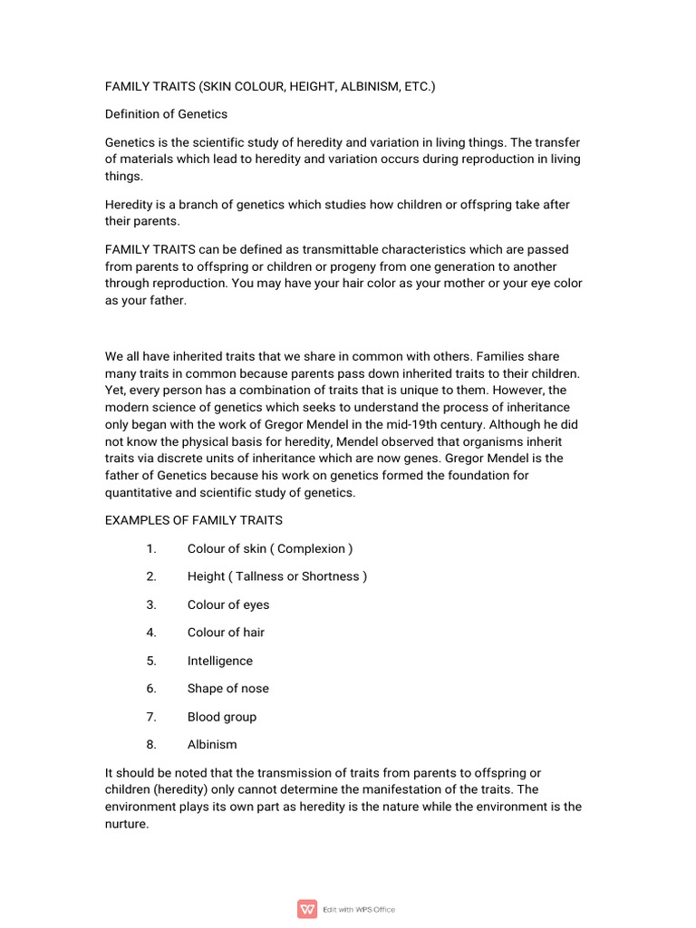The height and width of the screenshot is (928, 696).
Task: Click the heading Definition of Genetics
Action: (166, 114)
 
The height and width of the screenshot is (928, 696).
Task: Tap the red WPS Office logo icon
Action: (307, 909)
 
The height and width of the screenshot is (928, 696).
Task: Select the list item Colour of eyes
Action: (228, 604)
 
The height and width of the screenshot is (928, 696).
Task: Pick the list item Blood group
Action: (222, 717)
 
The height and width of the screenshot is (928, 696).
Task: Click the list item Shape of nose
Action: (228, 689)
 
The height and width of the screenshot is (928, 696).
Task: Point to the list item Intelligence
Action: (220, 661)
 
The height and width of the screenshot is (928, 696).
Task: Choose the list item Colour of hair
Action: (226, 633)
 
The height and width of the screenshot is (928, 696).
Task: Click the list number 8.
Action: (151, 745)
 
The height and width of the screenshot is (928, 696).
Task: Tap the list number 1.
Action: (151, 548)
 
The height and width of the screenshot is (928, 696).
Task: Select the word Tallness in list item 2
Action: (259, 576)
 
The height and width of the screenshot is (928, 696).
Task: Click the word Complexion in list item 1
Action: (312, 548)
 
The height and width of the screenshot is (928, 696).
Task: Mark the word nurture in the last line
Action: (125, 824)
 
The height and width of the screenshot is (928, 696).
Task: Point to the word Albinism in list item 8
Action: (212, 745)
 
